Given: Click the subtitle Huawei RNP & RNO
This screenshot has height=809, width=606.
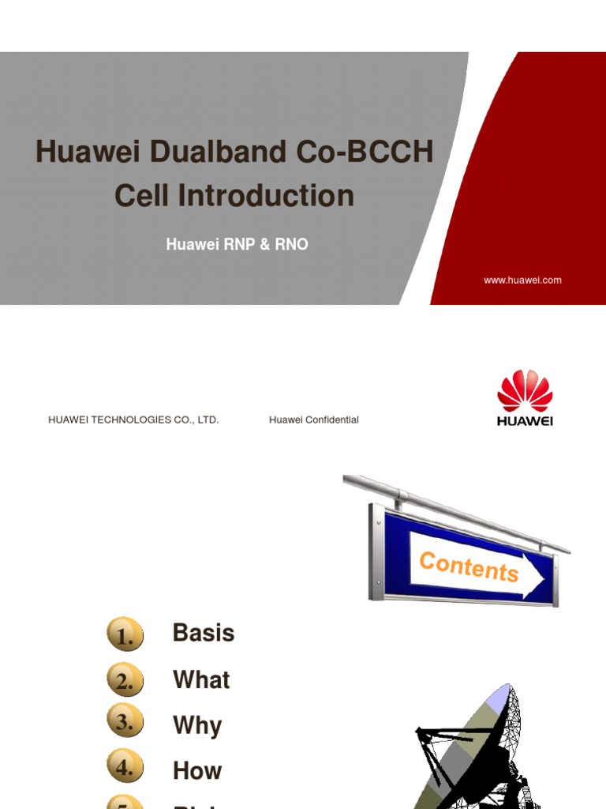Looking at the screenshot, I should pyautogui.click(x=237, y=245).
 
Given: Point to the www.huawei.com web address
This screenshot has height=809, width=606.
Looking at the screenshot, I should pyautogui.click(x=522, y=280).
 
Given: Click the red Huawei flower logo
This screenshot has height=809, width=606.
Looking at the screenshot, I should pyautogui.click(x=525, y=391).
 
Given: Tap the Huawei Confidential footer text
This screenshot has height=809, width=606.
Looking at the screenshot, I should pyautogui.click(x=313, y=420).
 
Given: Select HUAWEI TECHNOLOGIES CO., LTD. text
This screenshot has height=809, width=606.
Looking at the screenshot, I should pyautogui.click(x=133, y=420).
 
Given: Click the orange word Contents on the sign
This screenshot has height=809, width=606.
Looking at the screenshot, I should pyautogui.click(x=469, y=566).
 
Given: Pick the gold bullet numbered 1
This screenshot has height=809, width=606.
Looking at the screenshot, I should pyautogui.click(x=125, y=634).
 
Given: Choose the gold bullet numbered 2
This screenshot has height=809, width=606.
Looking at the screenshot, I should pyautogui.click(x=125, y=680).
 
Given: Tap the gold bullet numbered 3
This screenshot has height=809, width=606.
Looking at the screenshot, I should pyautogui.click(x=125, y=721).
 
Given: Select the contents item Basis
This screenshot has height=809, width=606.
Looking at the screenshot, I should pyautogui.click(x=204, y=633).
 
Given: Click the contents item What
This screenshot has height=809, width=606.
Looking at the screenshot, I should pyautogui.click(x=201, y=679).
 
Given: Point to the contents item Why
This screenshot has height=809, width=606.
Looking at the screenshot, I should pyautogui.click(x=197, y=725).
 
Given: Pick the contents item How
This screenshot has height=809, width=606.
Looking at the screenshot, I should pyautogui.click(x=197, y=770).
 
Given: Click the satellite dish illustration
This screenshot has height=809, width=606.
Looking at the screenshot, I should pyautogui.click(x=473, y=751).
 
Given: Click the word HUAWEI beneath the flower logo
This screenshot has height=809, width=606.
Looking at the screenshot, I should pyautogui.click(x=525, y=421).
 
